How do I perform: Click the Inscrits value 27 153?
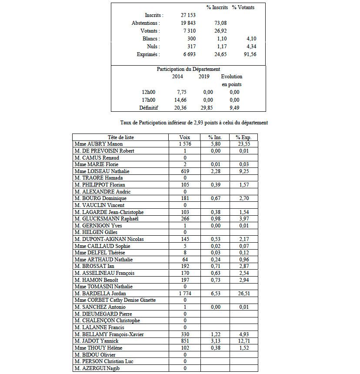[188, 15]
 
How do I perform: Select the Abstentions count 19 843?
[188, 23]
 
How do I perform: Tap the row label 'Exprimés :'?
[147, 54]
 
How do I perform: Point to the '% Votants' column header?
[243, 7]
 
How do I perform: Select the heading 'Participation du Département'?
[188, 69]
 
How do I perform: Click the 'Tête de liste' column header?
[120, 137]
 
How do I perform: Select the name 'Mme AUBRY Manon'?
[99, 144]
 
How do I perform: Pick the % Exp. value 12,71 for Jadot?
[243, 341]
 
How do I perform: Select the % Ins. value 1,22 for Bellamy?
[214, 334]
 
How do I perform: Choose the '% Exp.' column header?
[243, 137]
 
